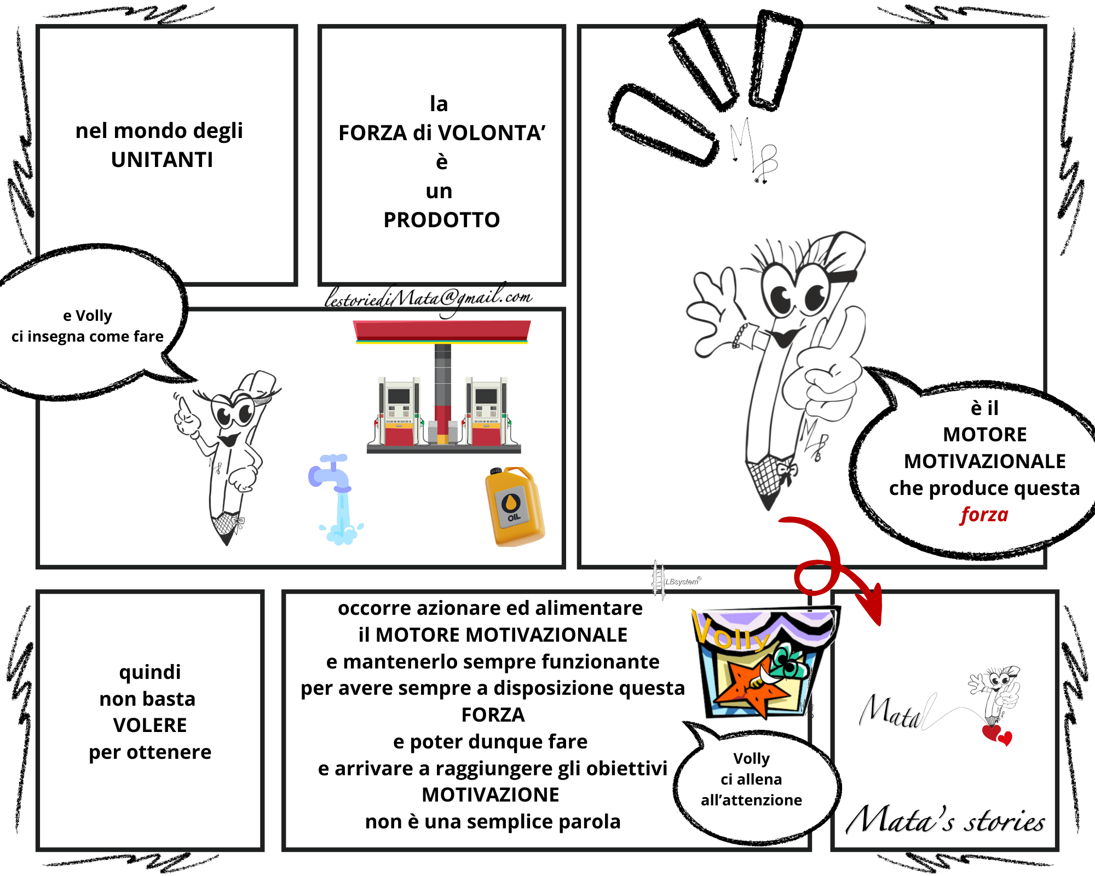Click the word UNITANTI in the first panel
tap(162, 160)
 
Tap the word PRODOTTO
tap(442, 220)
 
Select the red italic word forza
tap(984, 515)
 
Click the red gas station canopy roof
tap(442, 331)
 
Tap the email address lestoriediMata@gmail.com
tap(428, 298)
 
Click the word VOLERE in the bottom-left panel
tap(150, 725)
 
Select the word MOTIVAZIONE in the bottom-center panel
tap(491, 795)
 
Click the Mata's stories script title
tap(946, 820)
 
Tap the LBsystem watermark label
tap(682, 581)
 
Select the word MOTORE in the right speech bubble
tap(985, 435)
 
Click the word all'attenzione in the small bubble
tap(752, 800)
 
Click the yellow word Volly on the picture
tap(731, 631)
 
